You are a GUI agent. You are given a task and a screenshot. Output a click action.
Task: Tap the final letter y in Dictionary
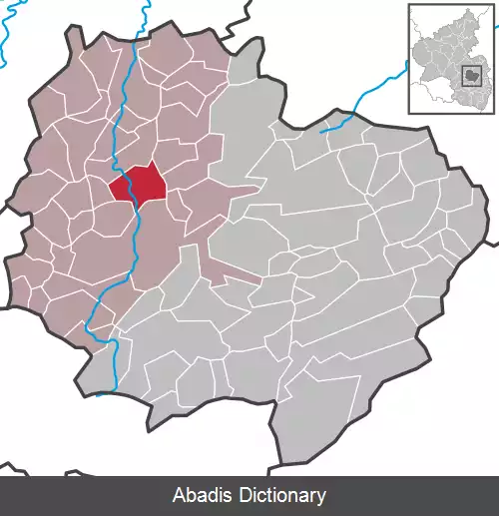(321, 497)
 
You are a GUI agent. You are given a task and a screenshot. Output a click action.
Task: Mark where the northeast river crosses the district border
(344, 120)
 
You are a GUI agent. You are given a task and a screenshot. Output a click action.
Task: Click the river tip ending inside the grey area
(321, 131)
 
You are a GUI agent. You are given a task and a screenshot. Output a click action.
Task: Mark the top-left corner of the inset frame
(408, 4)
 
